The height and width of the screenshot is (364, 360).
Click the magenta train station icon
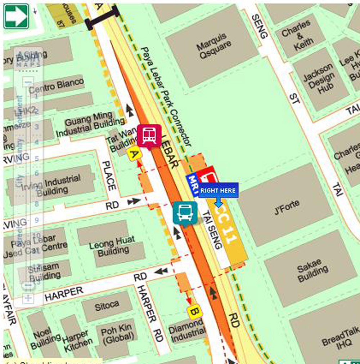tap(149, 136)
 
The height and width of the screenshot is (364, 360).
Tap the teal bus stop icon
tap(185, 213)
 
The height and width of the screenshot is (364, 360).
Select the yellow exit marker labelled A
tap(134, 154)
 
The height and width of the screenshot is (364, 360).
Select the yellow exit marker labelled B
tap(194, 312)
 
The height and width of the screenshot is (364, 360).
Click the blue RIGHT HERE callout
tap(219, 190)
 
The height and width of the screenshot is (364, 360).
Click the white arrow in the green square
tap(16, 16)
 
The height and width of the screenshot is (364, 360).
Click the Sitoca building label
tap(107, 306)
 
